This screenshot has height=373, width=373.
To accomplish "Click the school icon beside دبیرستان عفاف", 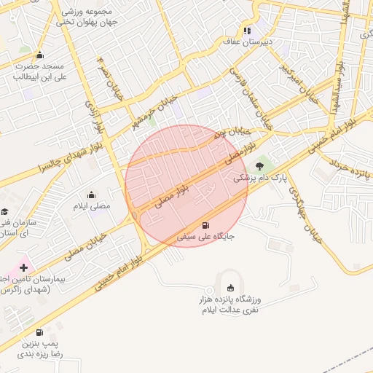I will click(x=248, y=31).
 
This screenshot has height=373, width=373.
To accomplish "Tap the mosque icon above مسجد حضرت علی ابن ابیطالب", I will click(x=39, y=55).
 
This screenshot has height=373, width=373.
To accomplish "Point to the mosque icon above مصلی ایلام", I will click(x=91, y=195).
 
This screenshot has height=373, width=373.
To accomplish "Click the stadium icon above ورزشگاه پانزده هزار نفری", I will click(x=231, y=286).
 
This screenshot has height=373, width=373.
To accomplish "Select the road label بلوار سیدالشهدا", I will click(x=339, y=76).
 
